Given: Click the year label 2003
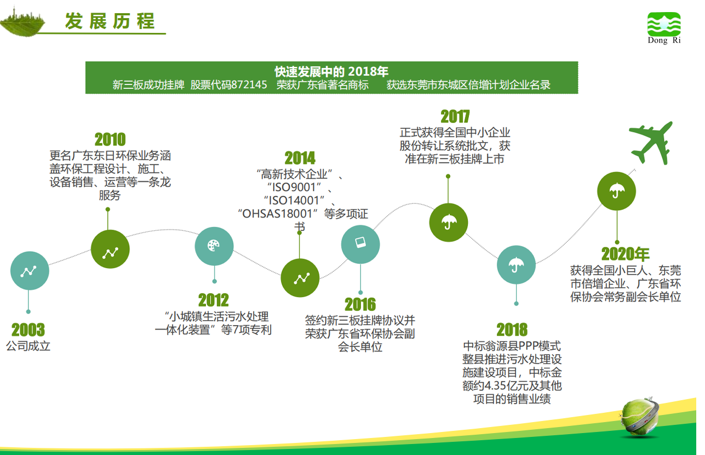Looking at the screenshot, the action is tap(28, 329).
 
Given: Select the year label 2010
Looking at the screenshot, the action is tap(110, 139).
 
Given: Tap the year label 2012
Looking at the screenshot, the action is tap(214, 300).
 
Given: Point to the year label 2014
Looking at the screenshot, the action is tap(300, 158).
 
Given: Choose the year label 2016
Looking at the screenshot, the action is tap(360, 304).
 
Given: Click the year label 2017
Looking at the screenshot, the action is tap(455, 117).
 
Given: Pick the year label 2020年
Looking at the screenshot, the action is tap(626, 254).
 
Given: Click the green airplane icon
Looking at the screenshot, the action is tap(651, 143).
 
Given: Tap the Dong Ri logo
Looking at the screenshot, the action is tap(664, 28).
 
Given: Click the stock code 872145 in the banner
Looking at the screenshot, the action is tap(249, 85).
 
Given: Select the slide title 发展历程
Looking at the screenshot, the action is tap(110, 21).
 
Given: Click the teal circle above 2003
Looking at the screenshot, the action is tap(30, 271).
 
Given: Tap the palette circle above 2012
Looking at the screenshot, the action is tap(214, 246).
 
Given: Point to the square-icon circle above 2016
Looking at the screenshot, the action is tap(360, 244).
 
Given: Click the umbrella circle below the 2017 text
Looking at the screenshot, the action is tap(449, 223).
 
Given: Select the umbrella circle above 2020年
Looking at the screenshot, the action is tap(617, 191).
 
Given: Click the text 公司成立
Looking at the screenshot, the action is tap(28, 346).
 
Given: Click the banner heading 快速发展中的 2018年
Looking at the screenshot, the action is tap(331, 72).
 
